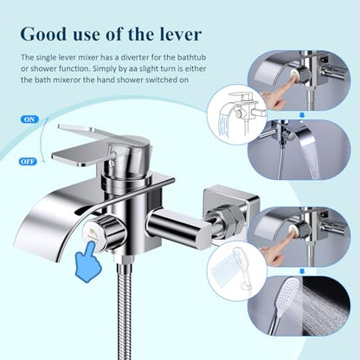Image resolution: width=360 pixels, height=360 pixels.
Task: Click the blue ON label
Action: point(29,119)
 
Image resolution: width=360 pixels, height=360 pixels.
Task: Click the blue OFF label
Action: point(29,162)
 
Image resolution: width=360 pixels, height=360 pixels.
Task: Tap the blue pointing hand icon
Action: point(88,260)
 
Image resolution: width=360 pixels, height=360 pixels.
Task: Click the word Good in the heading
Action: point(43,35)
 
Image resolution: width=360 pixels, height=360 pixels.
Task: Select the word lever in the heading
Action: point(180,35)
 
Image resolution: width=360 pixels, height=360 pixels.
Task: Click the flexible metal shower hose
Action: point(125,312)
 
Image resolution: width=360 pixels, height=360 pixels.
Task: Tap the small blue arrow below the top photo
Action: point(302,115)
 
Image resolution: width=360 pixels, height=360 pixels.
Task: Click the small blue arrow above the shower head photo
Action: point(302,271)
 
